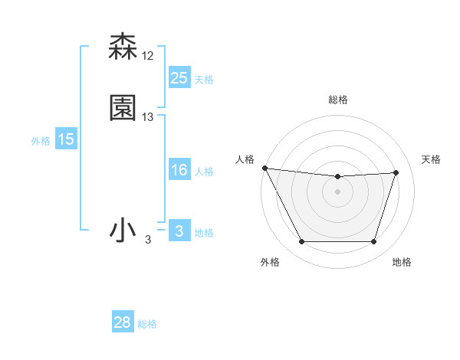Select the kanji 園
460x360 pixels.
(123, 108)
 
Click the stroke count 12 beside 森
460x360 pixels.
(148, 56)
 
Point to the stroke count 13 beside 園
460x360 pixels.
(148, 117)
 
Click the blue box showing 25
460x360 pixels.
(179, 78)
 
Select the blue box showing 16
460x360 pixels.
(179, 170)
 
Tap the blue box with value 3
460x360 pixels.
(179, 231)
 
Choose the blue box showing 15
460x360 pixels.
(66, 139)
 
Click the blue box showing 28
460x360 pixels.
(123, 323)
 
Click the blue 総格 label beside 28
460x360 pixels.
(147, 324)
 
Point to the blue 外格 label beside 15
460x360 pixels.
(41, 140)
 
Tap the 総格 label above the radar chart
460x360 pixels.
(338, 100)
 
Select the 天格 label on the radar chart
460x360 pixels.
(431, 159)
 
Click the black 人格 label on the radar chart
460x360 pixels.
(245, 159)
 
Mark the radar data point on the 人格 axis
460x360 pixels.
(264, 168)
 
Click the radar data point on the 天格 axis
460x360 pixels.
(396, 172)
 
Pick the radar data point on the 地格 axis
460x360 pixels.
(374, 242)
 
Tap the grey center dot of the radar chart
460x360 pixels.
(338, 191)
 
